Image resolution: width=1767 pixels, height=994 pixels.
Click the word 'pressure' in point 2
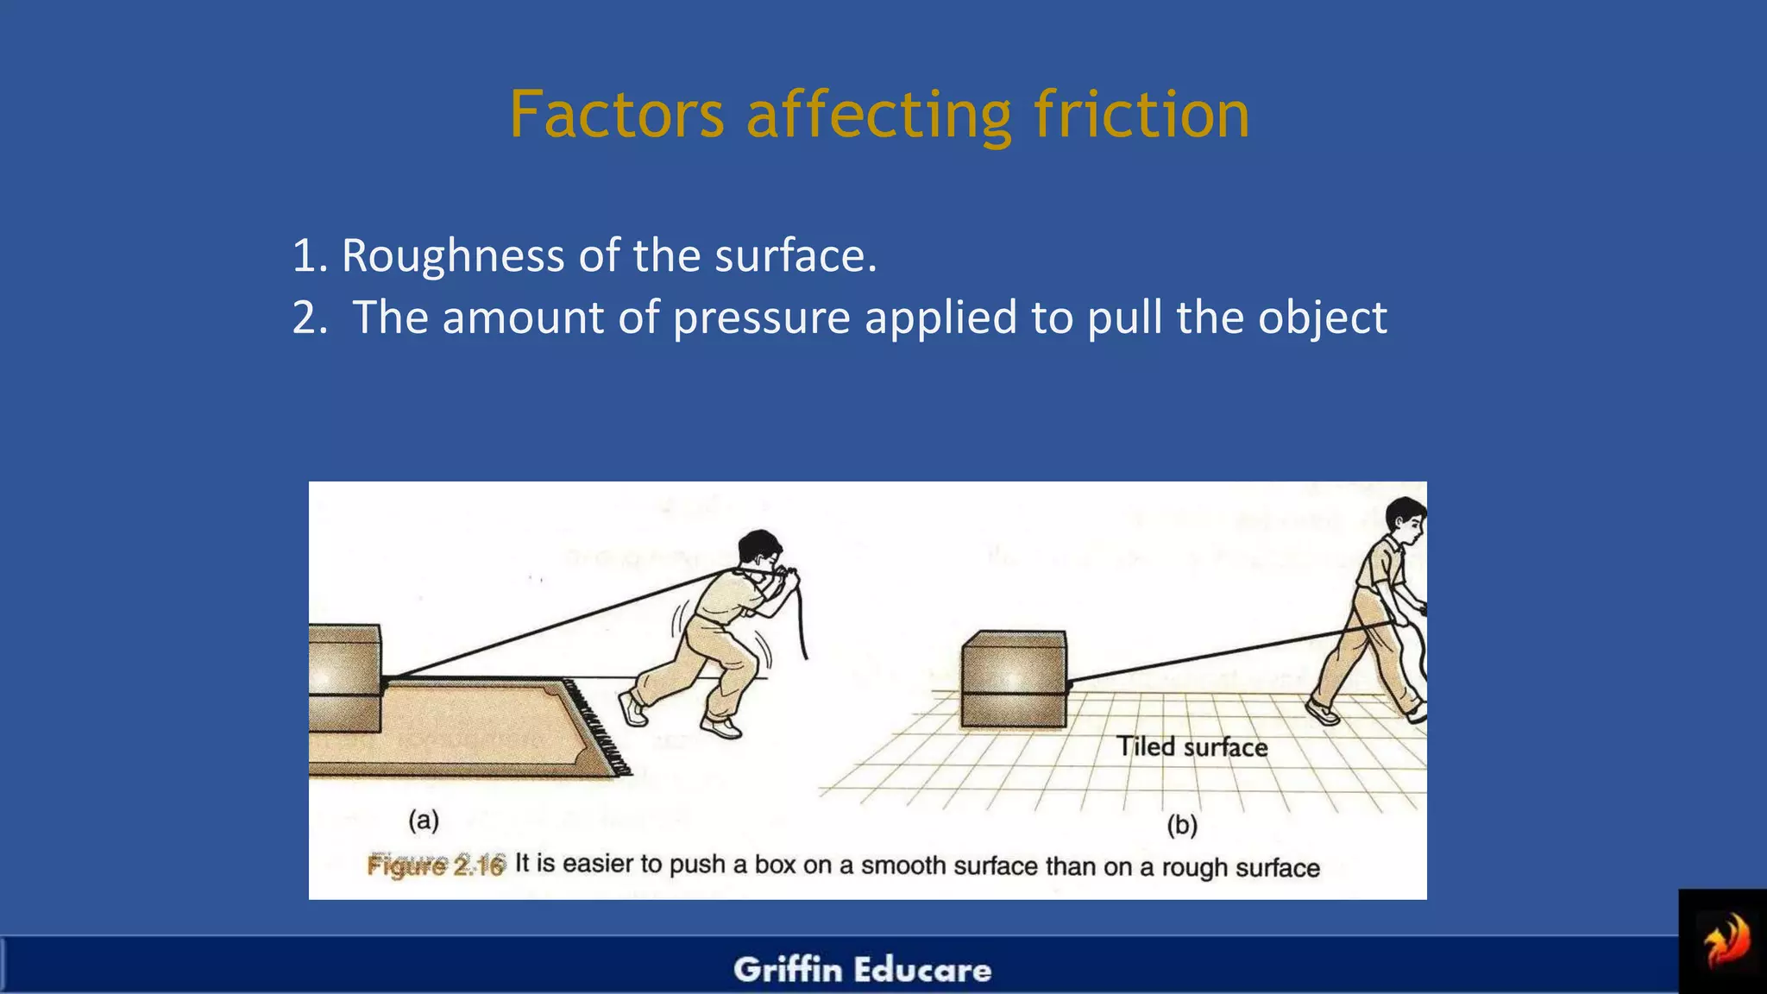(761, 318)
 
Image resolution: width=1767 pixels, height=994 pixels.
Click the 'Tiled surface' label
(1192, 747)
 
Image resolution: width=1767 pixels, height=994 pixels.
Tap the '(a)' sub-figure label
(424, 820)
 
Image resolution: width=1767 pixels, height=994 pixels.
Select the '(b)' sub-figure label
(1182, 826)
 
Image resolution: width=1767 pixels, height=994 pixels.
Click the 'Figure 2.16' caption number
(436, 865)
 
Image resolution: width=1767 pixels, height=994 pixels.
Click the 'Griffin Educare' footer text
(863, 970)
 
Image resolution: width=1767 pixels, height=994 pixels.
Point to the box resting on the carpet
(343, 678)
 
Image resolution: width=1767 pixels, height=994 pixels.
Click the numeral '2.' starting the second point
(310, 318)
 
